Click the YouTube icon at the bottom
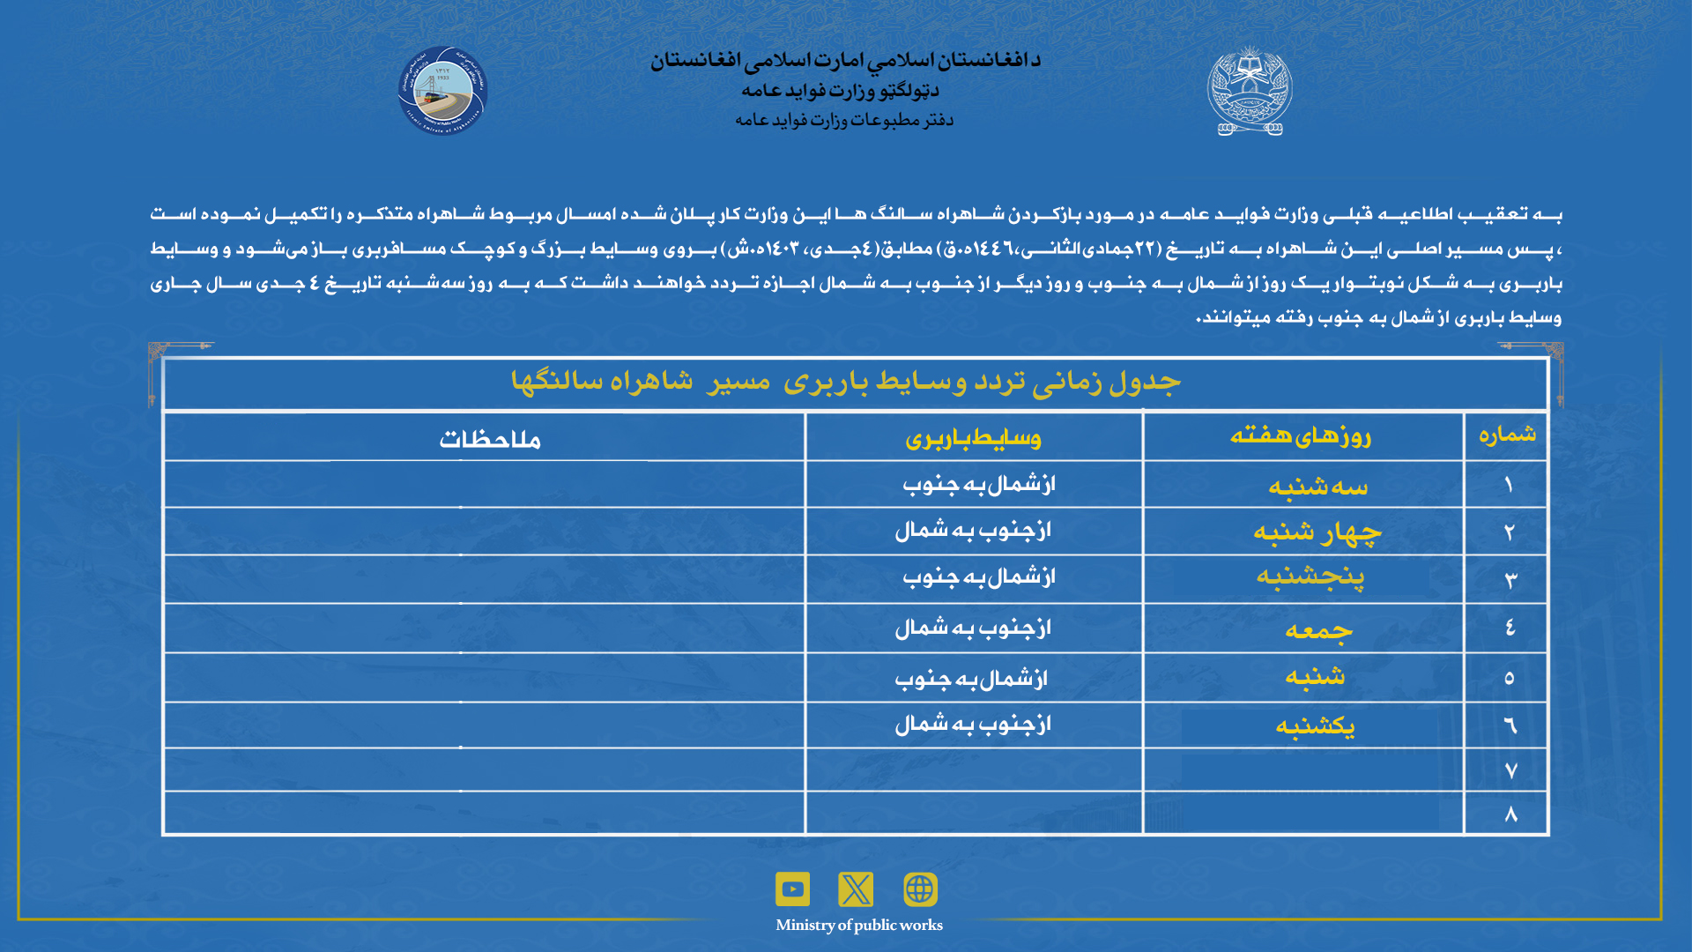792,889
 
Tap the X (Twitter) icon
856,889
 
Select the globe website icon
920,889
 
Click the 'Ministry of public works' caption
858,925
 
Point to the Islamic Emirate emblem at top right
1249,91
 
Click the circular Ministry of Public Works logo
442,91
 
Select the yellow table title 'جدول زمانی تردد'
845,382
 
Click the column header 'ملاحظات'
490,439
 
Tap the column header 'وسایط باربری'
973,438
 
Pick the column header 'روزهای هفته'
1301,435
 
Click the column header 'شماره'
1507,434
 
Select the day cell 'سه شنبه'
1317,487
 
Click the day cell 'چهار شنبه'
1317,532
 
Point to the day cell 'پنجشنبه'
1310,577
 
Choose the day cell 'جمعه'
1318,629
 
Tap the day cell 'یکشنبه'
1315,726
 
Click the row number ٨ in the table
1510,814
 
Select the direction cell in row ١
978,485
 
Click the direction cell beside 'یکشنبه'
973,725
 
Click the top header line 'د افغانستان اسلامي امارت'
845,60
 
